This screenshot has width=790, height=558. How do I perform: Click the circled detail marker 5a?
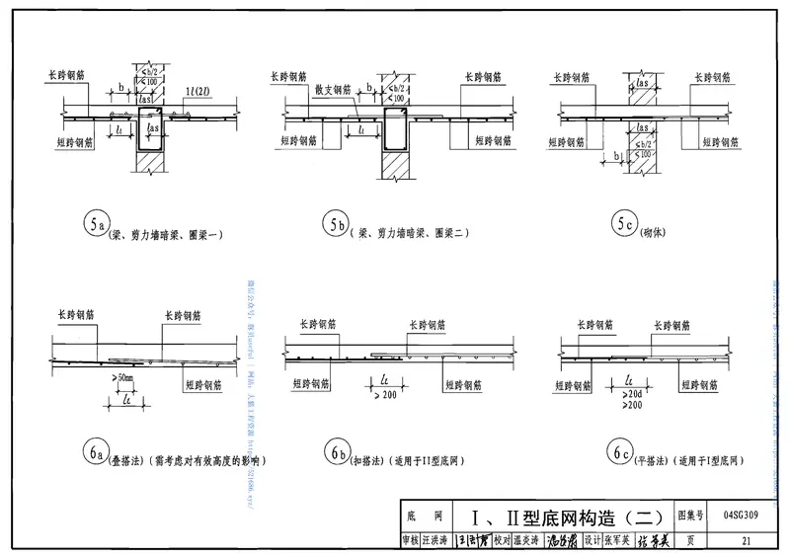point(95,226)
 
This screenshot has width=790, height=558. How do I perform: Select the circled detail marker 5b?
point(336,226)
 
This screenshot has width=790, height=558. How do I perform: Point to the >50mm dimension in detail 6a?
point(123,380)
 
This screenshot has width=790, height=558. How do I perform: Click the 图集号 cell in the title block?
point(692,516)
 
